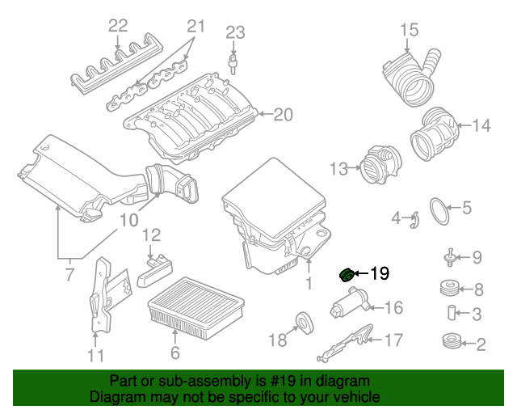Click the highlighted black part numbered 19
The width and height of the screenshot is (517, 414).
(345, 275)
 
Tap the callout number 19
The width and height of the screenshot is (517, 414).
(379, 274)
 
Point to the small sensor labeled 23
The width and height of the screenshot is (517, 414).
(234, 61)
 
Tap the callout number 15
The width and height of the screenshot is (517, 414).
(410, 32)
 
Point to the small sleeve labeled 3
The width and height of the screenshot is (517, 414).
(447, 314)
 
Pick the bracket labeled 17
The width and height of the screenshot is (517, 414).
(345, 344)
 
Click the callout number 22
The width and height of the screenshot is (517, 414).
(118, 25)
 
